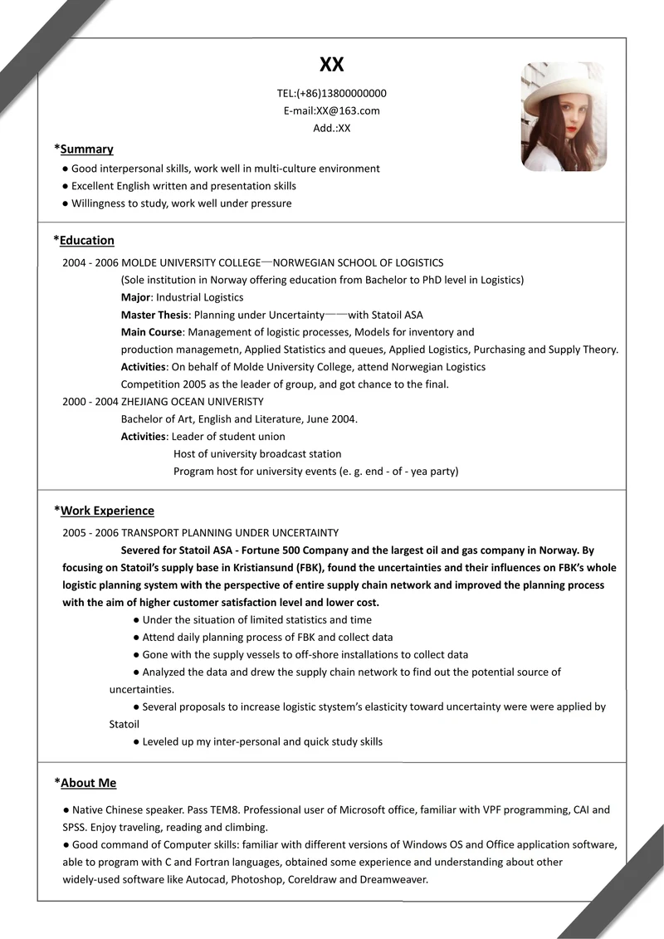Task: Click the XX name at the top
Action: click(331, 65)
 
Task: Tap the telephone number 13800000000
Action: click(349, 93)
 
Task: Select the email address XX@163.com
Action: click(348, 110)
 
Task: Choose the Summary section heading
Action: click(86, 149)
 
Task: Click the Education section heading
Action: click(86, 241)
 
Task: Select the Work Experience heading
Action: click(107, 511)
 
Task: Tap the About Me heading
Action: click(88, 783)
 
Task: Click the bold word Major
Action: click(135, 297)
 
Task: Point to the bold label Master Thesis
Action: click(154, 315)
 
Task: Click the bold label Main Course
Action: click(151, 332)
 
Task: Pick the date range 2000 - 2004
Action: click(90, 402)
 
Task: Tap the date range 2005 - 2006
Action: click(90, 533)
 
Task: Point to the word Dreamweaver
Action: click(394, 879)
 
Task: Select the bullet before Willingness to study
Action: click(66, 203)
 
